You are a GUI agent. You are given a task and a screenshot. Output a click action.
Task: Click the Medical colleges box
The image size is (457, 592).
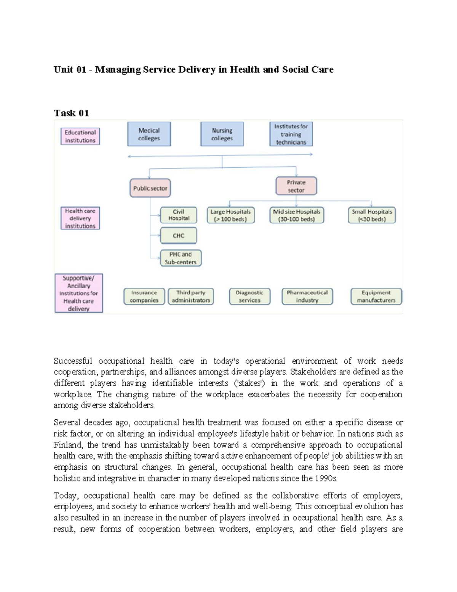click(149, 134)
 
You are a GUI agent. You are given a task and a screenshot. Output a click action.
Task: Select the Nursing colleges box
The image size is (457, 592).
click(222, 134)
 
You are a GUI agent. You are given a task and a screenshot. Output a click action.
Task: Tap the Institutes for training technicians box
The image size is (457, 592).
click(291, 134)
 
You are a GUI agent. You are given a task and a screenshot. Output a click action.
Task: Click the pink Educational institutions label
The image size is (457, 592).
click(80, 136)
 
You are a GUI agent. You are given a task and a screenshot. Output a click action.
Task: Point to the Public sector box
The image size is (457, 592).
click(150, 188)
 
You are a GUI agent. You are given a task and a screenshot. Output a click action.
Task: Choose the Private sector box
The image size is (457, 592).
click(296, 186)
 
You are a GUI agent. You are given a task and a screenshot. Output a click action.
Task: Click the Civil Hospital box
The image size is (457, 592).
click(179, 215)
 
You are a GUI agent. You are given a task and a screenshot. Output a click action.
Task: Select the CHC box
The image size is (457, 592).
click(179, 236)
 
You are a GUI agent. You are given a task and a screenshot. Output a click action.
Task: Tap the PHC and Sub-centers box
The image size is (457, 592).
click(181, 258)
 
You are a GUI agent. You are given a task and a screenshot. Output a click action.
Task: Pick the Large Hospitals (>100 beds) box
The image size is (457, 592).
click(230, 215)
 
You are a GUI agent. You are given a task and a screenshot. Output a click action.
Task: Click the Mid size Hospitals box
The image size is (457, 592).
click(296, 215)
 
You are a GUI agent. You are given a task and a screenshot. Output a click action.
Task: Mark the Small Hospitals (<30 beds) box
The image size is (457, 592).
click(372, 215)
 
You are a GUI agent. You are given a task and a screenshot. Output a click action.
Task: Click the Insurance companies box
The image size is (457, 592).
click(144, 297)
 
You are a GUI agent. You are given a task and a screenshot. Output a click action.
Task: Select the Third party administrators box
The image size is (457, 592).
click(191, 297)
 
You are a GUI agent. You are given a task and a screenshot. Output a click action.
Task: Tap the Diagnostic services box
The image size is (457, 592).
click(249, 297)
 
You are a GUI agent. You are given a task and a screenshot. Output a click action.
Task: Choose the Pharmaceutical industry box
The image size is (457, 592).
click(307, 297)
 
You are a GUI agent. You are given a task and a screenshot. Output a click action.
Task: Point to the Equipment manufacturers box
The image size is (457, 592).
click(376, 297)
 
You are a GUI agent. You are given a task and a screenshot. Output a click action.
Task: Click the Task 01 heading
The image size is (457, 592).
click(71, 113)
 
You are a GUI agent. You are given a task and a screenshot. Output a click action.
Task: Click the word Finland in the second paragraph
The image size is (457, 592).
click(68, 445)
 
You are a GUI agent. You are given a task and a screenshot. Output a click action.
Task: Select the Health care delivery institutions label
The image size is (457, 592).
click(80, 218)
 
